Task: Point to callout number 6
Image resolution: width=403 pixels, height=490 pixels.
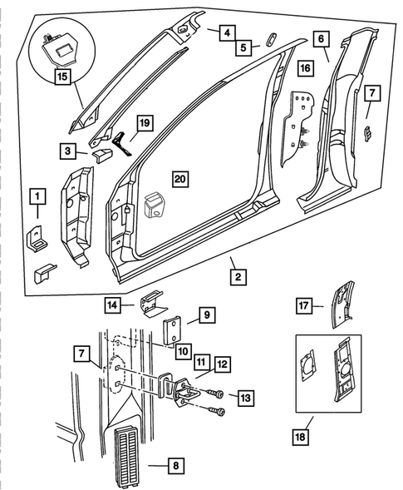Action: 321,38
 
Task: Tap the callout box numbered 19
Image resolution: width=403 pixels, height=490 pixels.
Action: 144,124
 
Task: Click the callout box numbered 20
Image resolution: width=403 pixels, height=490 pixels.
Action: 177,177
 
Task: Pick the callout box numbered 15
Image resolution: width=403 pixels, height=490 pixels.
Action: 62,78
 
